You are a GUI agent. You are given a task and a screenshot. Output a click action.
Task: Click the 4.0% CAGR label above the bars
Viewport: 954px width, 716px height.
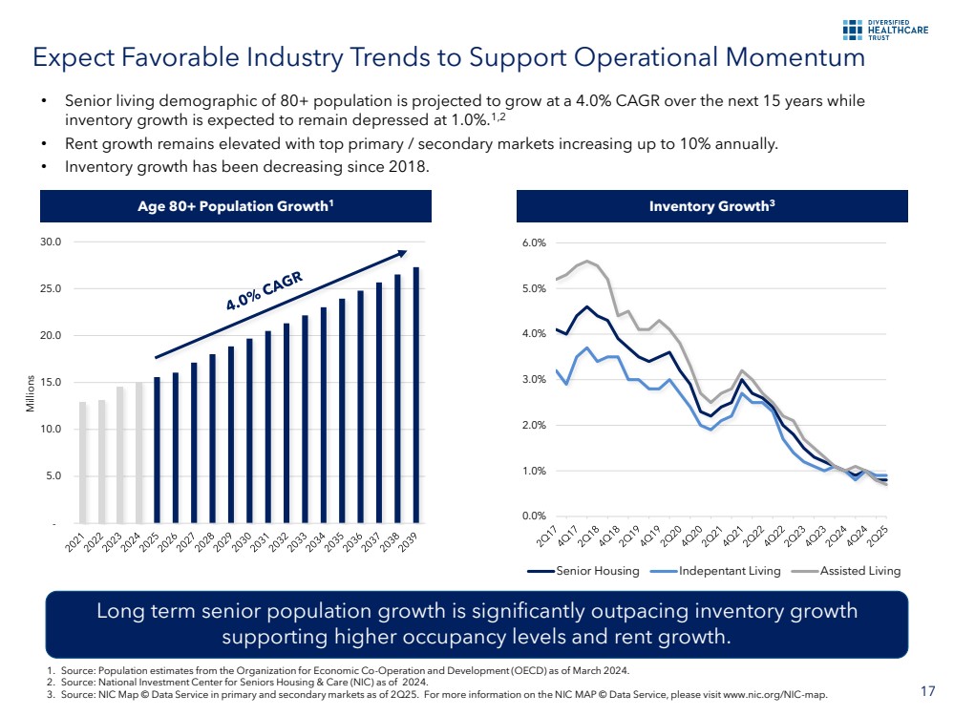[x=265, y=291]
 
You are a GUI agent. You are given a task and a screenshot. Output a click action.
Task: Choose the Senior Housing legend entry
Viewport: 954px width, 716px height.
[x=589, y=571]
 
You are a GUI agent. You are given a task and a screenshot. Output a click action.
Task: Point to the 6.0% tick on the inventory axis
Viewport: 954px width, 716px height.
[x=533, y=242]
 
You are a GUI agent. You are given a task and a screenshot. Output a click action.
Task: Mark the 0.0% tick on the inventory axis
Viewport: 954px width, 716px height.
[x=533, y=516]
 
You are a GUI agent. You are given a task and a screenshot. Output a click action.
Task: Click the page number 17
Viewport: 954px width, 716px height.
[x=927, y=690]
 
